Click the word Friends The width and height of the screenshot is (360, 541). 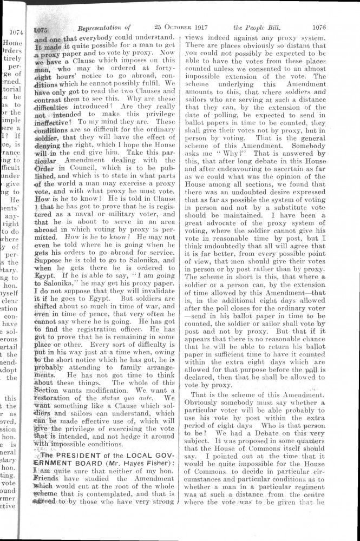coord(48,479)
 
